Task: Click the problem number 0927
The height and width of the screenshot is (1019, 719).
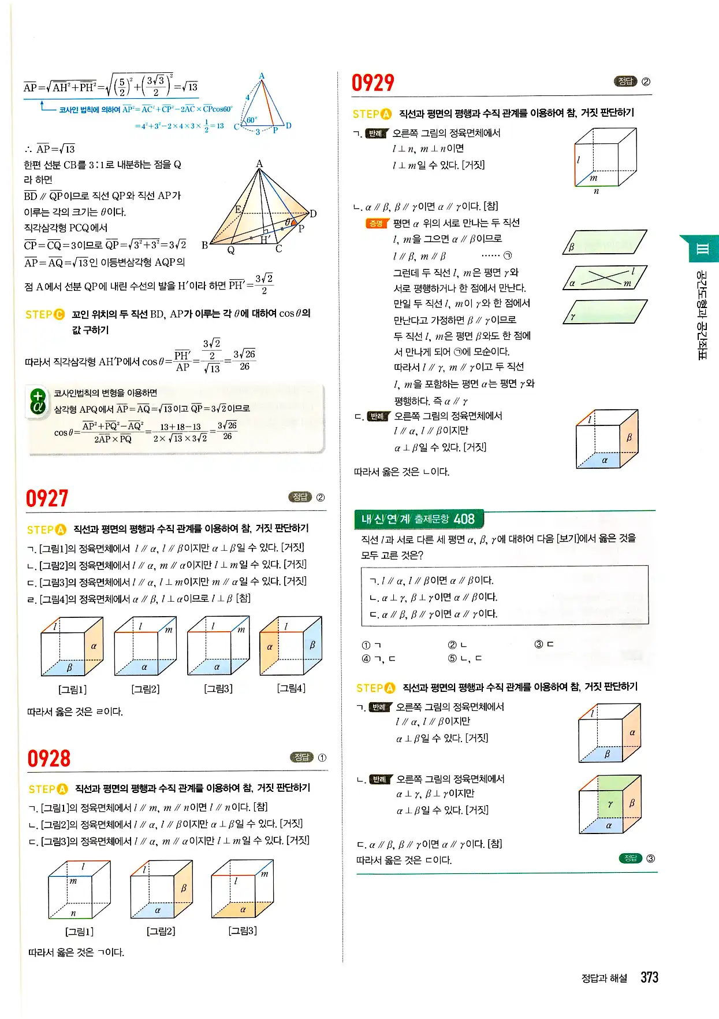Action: [47, 498]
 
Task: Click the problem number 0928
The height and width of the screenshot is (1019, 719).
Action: [49, 758]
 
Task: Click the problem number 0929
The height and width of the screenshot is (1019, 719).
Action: [373, 83]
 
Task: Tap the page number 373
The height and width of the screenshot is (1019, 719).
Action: [650, 977]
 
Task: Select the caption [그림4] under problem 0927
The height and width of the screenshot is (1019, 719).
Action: [291, 688]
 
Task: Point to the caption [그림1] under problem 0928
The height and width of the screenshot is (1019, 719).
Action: [80, 931]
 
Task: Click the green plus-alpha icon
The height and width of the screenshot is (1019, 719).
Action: [38, 402]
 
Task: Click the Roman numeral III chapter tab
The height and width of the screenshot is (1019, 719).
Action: [702, 249]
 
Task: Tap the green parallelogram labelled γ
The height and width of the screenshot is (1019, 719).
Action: [605, 312]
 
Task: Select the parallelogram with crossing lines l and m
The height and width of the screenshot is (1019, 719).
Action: [605, 278]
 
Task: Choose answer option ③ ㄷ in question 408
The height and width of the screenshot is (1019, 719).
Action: [544, 644]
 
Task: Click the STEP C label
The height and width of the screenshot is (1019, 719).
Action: [45, 314]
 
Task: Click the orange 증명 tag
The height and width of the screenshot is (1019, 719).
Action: [376, 224]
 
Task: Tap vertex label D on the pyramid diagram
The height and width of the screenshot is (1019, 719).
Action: [313, 214]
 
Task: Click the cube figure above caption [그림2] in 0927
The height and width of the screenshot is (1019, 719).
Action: [145, 646]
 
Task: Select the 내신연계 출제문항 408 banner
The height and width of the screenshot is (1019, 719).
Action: [419, 519]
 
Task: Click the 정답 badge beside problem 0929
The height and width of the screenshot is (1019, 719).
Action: [625, 81]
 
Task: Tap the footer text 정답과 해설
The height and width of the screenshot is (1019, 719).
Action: [603, 978]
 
